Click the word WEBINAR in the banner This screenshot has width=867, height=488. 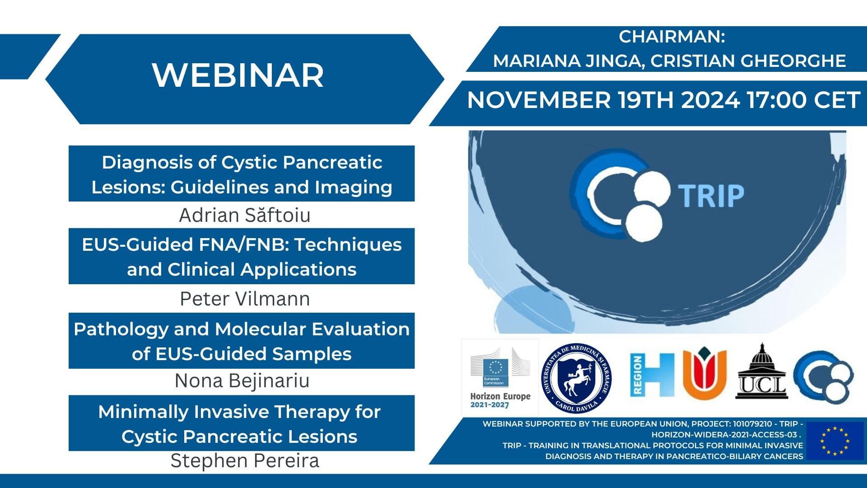coord(238,75)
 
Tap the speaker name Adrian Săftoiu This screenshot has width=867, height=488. coord(245,215)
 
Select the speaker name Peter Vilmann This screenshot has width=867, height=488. coord(245,299)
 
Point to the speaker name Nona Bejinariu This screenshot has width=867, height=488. coord(242,380)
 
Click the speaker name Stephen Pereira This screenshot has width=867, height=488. coord(245,460)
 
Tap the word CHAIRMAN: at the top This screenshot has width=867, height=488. coord(671,37)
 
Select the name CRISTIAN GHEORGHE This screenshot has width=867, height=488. coord(748,61)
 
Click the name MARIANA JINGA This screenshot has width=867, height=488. coord(569,61)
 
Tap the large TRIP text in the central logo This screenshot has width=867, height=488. coord(711,195)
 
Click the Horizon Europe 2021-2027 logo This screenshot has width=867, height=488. coord(500,377)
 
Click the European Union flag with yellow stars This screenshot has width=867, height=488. coord(834,441)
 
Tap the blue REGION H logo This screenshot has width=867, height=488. coord(652,375)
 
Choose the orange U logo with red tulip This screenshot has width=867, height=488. coord(704,373)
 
